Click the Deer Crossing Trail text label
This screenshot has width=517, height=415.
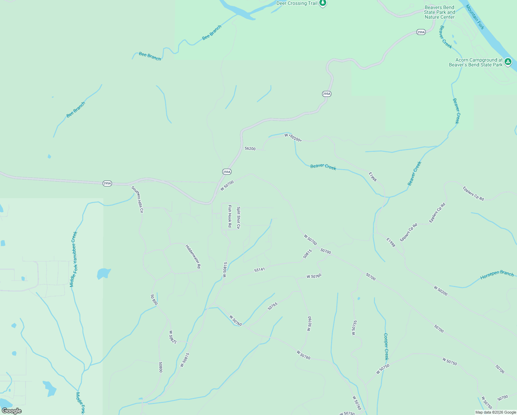click(297, 3)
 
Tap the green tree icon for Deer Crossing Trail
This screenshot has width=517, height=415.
click(323, 3)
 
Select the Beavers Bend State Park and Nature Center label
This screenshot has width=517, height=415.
click(440, 12)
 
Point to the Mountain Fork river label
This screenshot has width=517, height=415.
click(475, 17)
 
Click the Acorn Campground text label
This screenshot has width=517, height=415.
click(476, 62)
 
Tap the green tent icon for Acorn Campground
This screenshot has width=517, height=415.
click(508, 62)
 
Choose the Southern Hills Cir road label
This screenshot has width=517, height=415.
click(137, 200)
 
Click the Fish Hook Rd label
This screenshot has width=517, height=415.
click(230, 216)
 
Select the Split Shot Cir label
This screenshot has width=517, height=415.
click(238, 218)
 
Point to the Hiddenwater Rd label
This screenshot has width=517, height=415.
click(193, 257)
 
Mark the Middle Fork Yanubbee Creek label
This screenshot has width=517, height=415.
click(74, 259)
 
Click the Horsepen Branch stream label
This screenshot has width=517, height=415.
click(497, 275)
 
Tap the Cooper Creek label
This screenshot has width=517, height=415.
click(386, 347)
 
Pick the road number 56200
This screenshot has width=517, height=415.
click(250, 149)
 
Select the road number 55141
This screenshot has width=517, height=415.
click(259, 269)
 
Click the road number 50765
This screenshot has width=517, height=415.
click(272, 306)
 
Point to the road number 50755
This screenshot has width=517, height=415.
click(354, 328)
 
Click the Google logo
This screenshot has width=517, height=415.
click(11, 411)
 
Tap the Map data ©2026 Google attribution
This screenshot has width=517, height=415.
click(496, 412)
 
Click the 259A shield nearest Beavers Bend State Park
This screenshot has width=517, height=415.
click(421, 32)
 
